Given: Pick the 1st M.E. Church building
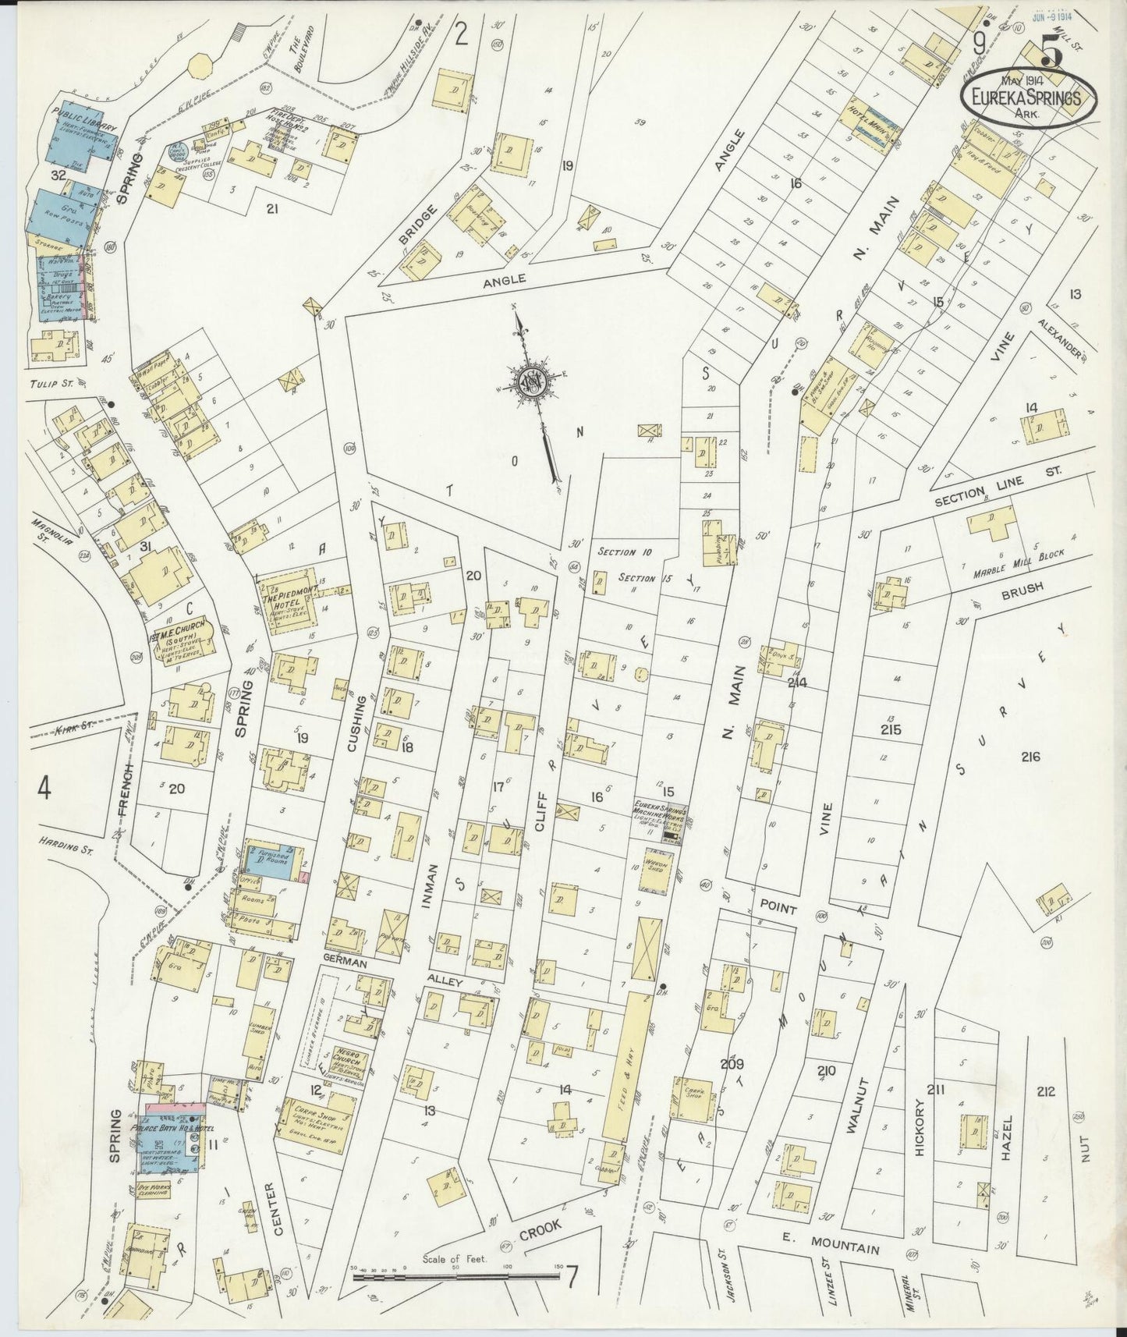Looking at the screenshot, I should pos(184,644).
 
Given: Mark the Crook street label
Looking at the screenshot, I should pos(540,1229).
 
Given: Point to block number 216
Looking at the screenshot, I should pos(1030,756).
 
